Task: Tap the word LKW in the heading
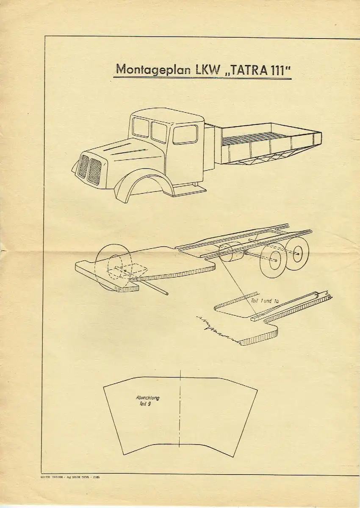coord(207,69)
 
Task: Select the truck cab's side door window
coord(185,135)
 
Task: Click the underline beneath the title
coord(203,78)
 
